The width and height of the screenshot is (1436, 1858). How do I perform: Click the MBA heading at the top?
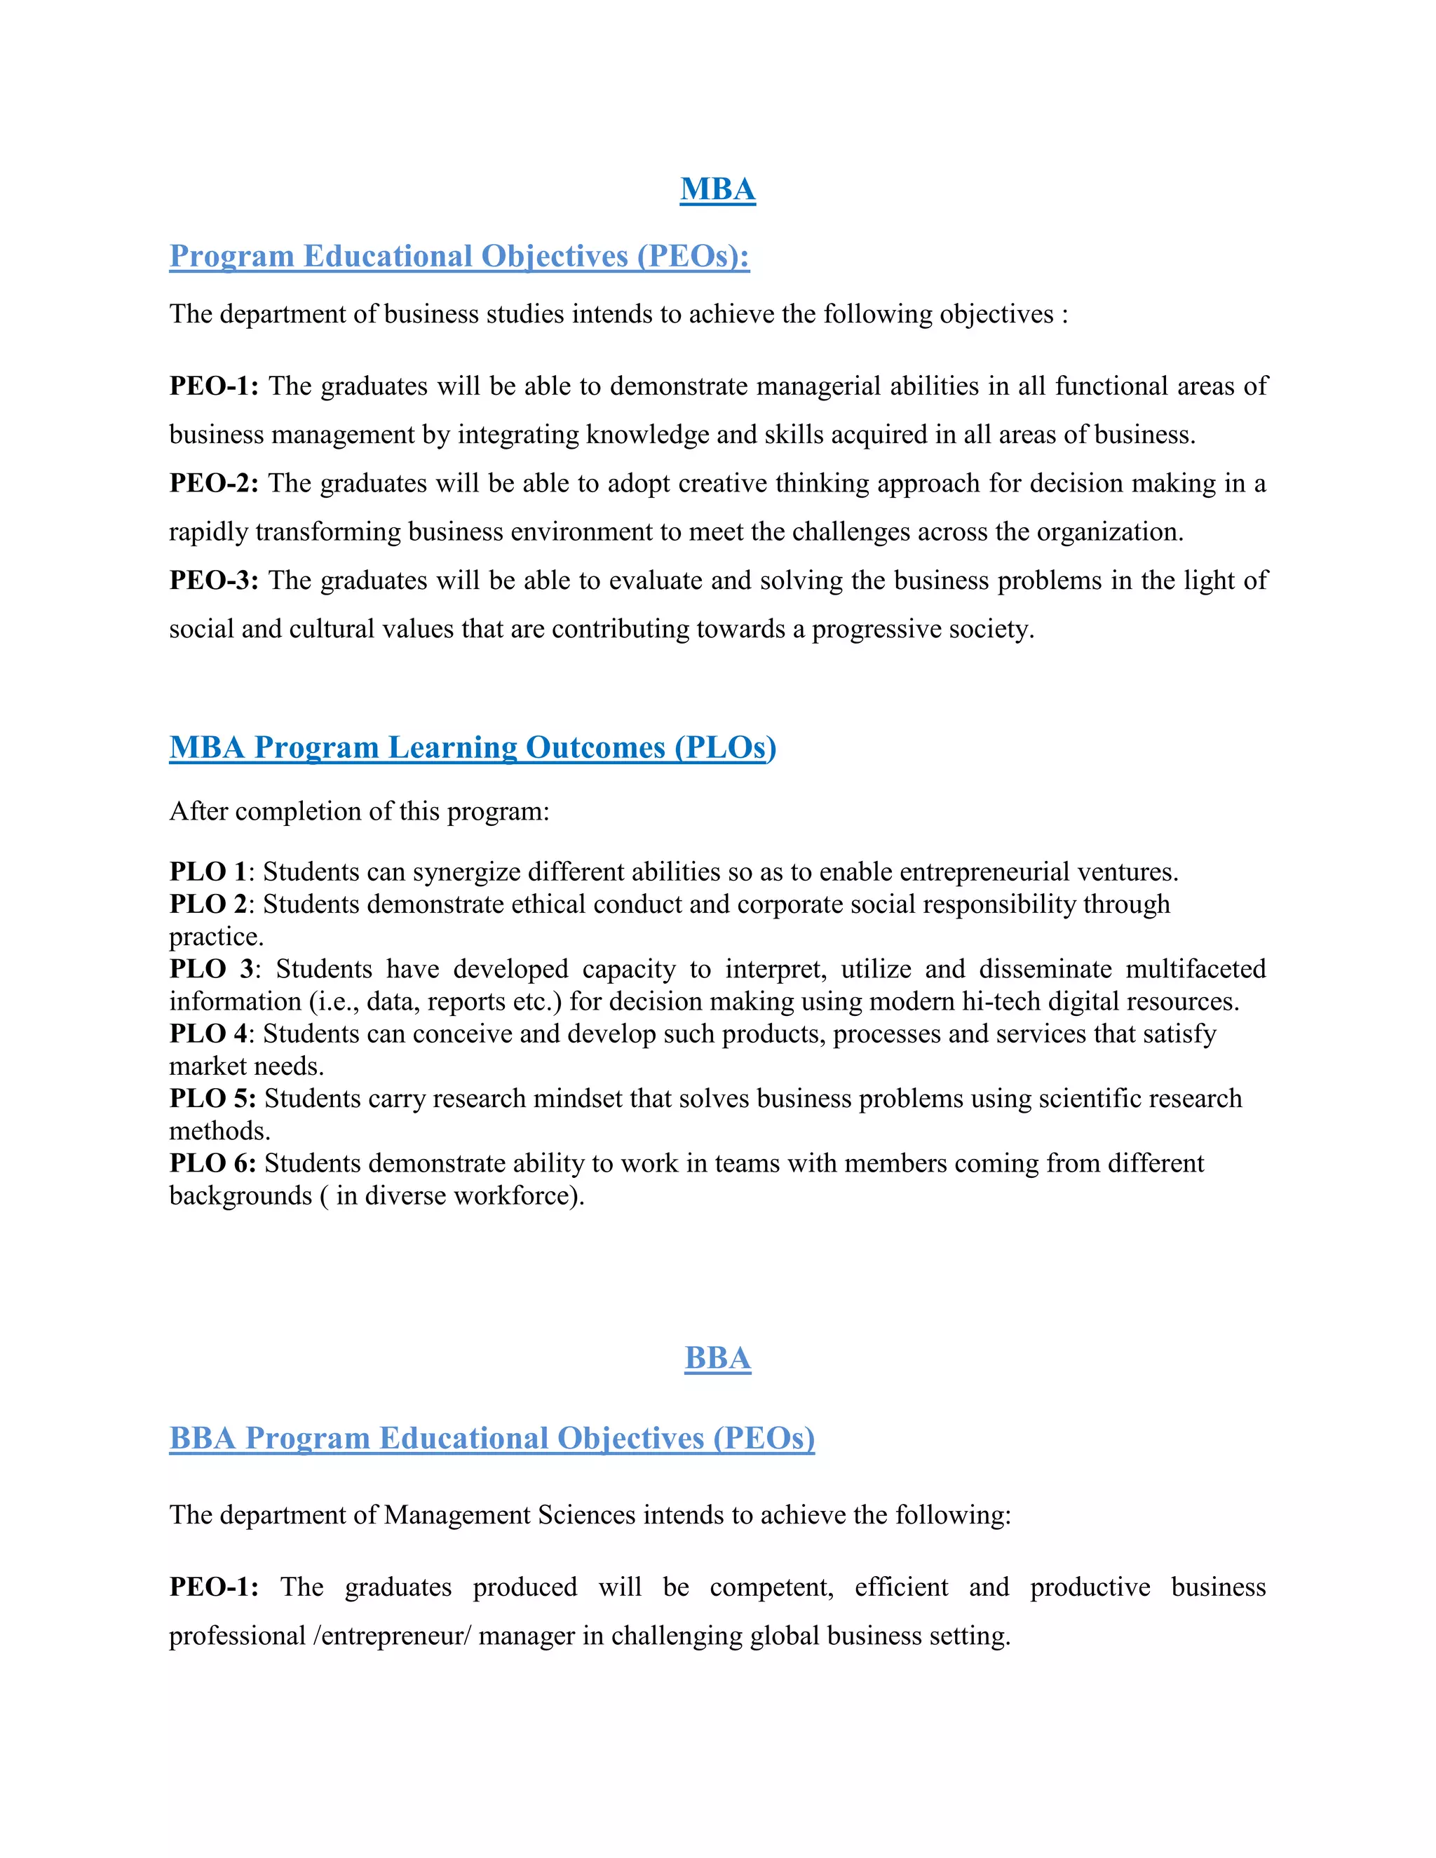717,189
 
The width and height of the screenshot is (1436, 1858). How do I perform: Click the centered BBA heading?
717,1358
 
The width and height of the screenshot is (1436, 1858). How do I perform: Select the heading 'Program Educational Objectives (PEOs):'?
459,256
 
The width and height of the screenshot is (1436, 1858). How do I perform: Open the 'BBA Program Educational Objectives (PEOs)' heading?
492,1438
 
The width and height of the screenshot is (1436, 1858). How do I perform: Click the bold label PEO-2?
214,483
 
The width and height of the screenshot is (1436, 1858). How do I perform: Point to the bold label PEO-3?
214,581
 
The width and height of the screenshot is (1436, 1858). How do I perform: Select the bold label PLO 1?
208,872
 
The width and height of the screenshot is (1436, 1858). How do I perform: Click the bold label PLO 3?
211,969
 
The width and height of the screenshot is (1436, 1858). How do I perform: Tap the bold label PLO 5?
212,1098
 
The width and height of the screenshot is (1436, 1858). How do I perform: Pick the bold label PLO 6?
212,1163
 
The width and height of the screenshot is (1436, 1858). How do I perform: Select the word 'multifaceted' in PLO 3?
1195,969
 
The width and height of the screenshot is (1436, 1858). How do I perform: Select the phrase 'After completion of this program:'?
359,811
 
